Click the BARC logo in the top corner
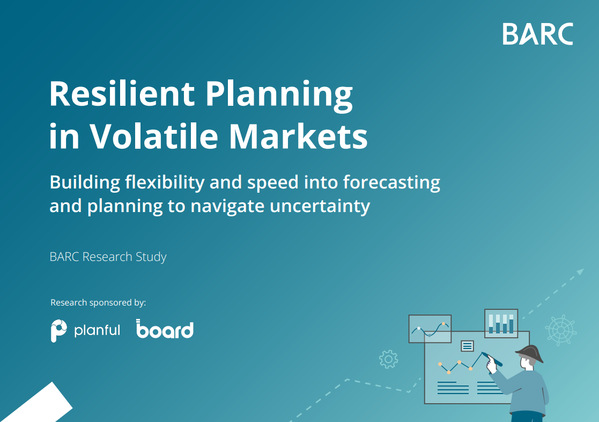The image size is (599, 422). coord(538,34)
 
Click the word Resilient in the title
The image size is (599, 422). coord(122,94)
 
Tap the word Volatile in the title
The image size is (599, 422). coord(154,136)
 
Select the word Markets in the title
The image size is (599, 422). coord(298,136)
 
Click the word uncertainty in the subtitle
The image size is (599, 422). coord(320,206)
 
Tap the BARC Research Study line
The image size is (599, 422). coord(108,257)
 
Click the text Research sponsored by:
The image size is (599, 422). coord(98,303)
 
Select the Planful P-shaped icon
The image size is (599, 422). coord(59,331)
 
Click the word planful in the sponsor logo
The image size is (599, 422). coord(97,330)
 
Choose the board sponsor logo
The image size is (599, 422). coord(165,329)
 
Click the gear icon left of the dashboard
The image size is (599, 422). coord(388,359)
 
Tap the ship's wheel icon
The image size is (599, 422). coord(561,330)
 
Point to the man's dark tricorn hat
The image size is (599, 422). coord(530,354)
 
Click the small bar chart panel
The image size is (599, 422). coord(501,324)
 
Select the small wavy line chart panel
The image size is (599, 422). coord(430,329)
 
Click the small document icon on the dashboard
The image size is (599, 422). coord(467,346)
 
